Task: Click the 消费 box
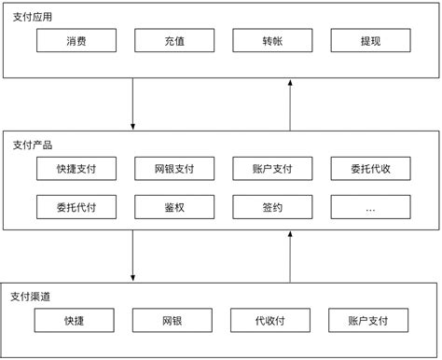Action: (76, 41)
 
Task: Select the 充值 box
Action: (174, 41)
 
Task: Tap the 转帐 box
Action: (272, 41)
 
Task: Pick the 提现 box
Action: (370, 41)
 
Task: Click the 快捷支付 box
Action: (76, 169)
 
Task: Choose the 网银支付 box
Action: (174, 169)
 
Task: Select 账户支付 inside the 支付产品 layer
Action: (272, 169)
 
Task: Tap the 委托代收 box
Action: (370, 169)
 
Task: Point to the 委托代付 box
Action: (76, 208)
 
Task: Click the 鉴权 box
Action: (174, 208)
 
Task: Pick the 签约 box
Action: (272, 208)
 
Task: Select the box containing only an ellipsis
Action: (370, 208)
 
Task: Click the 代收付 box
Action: (271, 320)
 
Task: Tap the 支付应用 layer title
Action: (33, 17)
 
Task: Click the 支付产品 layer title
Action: (33, 145)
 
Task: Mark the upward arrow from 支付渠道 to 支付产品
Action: (291, 255)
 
